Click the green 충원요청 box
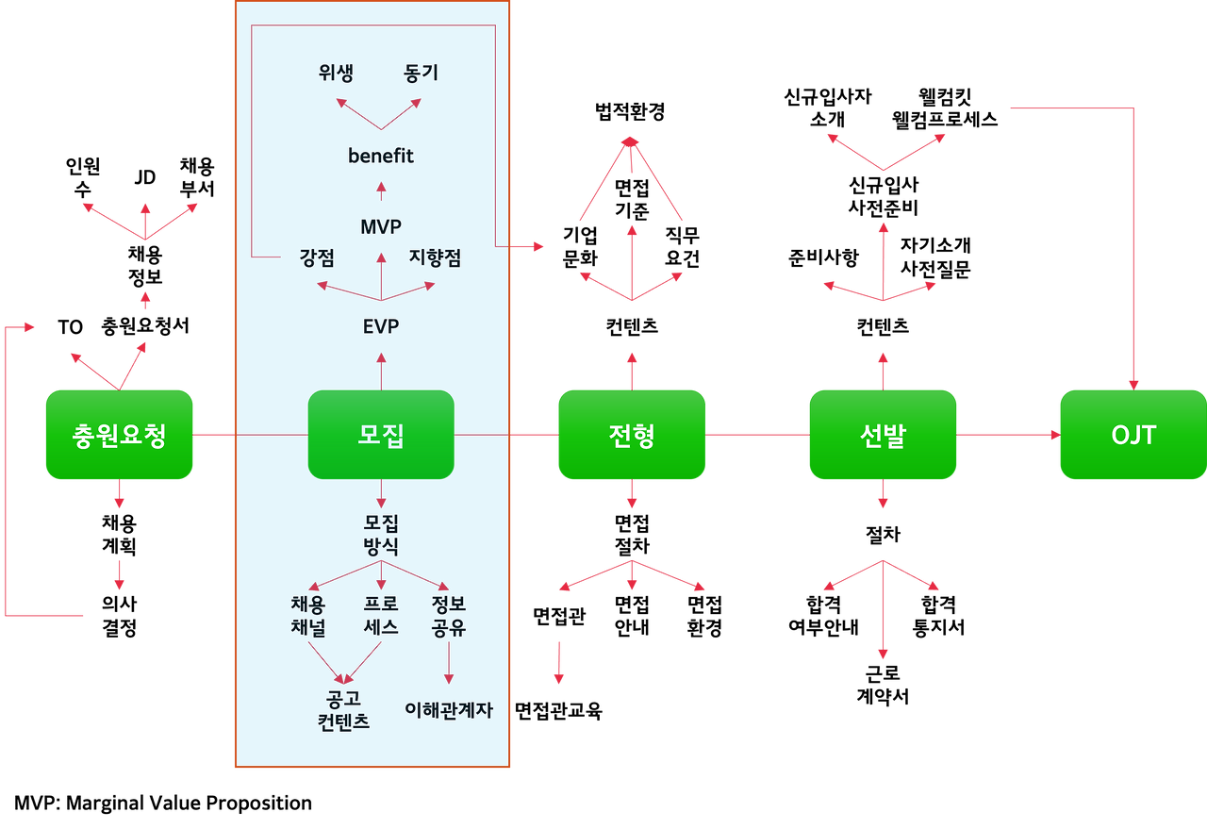(x=119, y=435)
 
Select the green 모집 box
(x=381, y=435)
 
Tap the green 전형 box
(x=632, y=435)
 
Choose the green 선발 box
(x=883, y=435)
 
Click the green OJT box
(x=1133, y=435)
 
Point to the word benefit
(x=381, y=156)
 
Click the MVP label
(x=381, y=227)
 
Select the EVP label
(x=381, y=326)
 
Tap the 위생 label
(x=336, y=74)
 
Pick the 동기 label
(x=421, y=74)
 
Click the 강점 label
(x=317, y=257)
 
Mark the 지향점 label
(x=435, y=257)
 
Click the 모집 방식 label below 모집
(x=381, y=534)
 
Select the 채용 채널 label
(x=308, y=615)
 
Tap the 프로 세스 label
(x=381, y=615)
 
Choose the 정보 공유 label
(x=449, y=615)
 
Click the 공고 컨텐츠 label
(x=343, y=710)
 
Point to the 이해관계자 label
(x=449, y=710)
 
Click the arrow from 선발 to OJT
(x=1008, y=435)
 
